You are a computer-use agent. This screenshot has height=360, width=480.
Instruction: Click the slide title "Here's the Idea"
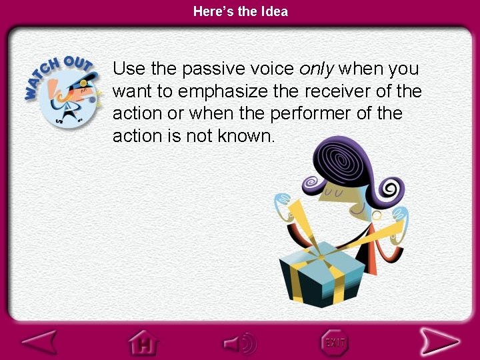240,11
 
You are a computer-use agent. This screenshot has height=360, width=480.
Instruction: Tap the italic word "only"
319,68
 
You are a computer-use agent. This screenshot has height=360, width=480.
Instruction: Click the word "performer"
311,113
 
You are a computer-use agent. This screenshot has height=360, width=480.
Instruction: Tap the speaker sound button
240,343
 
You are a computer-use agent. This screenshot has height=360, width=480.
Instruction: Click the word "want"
133,91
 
